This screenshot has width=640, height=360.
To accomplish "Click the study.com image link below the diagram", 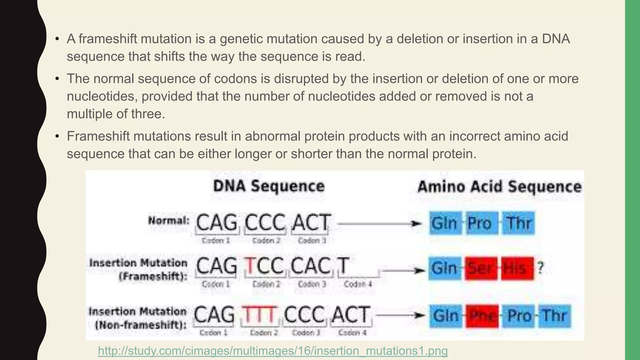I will click(272, 351).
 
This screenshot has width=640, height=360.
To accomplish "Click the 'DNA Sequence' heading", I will click(269, 186).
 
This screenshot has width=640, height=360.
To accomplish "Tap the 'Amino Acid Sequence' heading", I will click(499, 187).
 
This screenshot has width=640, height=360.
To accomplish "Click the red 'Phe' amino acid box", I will click(482, 316).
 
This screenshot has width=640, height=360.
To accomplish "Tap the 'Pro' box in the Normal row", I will click(482, 223).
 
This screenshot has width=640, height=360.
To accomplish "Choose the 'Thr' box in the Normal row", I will click(518, 223).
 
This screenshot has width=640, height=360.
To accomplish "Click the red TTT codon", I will click(259, 314).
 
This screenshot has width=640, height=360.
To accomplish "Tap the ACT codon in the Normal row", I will click(311, 222).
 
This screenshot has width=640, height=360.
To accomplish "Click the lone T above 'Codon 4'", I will click(343, 266).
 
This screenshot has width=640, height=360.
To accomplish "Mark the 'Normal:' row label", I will click(169, 221).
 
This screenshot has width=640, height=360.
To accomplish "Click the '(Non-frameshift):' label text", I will click(141, 325).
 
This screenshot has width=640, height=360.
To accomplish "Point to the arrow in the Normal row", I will click(380, 224).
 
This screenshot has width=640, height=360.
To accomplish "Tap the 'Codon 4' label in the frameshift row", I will click(358, 284).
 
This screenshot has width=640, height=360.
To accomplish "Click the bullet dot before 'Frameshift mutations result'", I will click(57, 137).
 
